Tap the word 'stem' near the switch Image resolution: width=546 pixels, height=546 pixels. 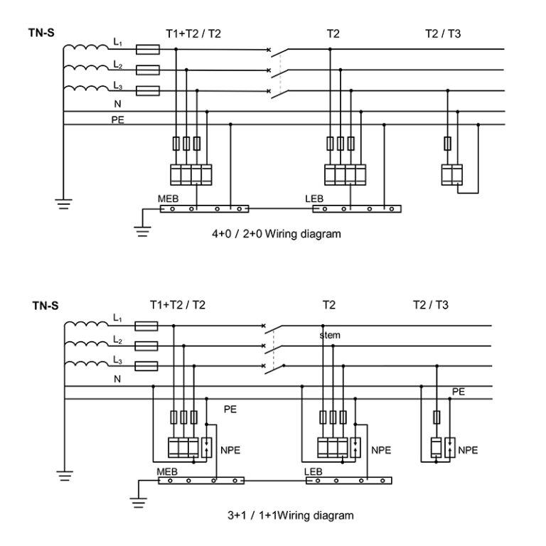pyautogui.click(x=331, y=335)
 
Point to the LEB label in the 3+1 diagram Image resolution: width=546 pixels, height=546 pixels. pyautogui.click(x=314, y=471)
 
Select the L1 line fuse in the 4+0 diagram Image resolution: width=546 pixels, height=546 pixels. pyautogui.click(x=147, y=50)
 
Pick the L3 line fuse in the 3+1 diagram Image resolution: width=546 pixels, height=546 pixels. pyautogui.click(x=146, y=366)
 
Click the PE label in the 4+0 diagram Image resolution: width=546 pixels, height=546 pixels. pyautogui.click(x=117, y=120)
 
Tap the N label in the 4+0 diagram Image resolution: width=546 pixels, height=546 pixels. pyautogui.click(x=117, y=104)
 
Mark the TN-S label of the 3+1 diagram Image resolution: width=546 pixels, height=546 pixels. pyautogui.click(x=45, y=307)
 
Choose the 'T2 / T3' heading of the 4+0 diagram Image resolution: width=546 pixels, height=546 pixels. pyautogui.click(x=444, y=33)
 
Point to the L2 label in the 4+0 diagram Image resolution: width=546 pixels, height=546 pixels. pyautogui.click(x=117, y=65)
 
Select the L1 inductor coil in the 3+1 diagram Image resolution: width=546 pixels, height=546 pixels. pyautogui.click(x=87, y=326)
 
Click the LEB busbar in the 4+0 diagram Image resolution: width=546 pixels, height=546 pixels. pyautogui.click(x=353, y=209)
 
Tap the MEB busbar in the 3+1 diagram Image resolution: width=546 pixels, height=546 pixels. pyautogui.click(x=200, y=481)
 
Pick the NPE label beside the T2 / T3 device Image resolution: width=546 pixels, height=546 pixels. pyautogui.click(x=468, y=450)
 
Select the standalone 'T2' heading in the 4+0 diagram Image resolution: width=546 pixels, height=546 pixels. pyautogui.click(x=333, y=33)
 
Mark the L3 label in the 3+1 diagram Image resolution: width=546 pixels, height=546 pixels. pyautogui.click(x=117, y=362)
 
